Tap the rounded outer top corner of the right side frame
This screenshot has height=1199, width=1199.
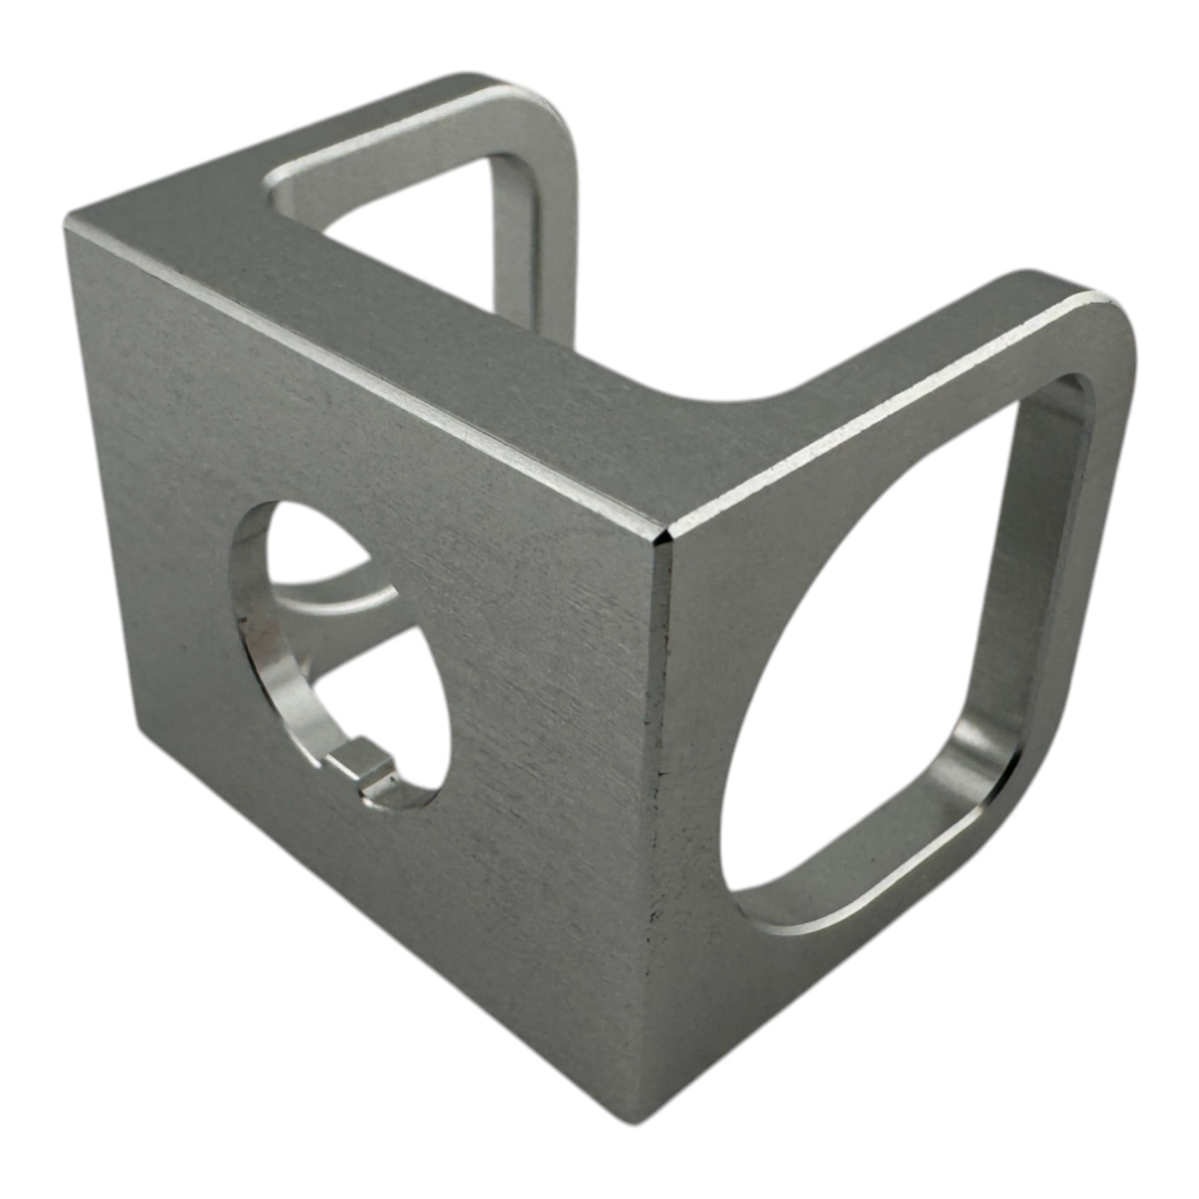coord(1111,323)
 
